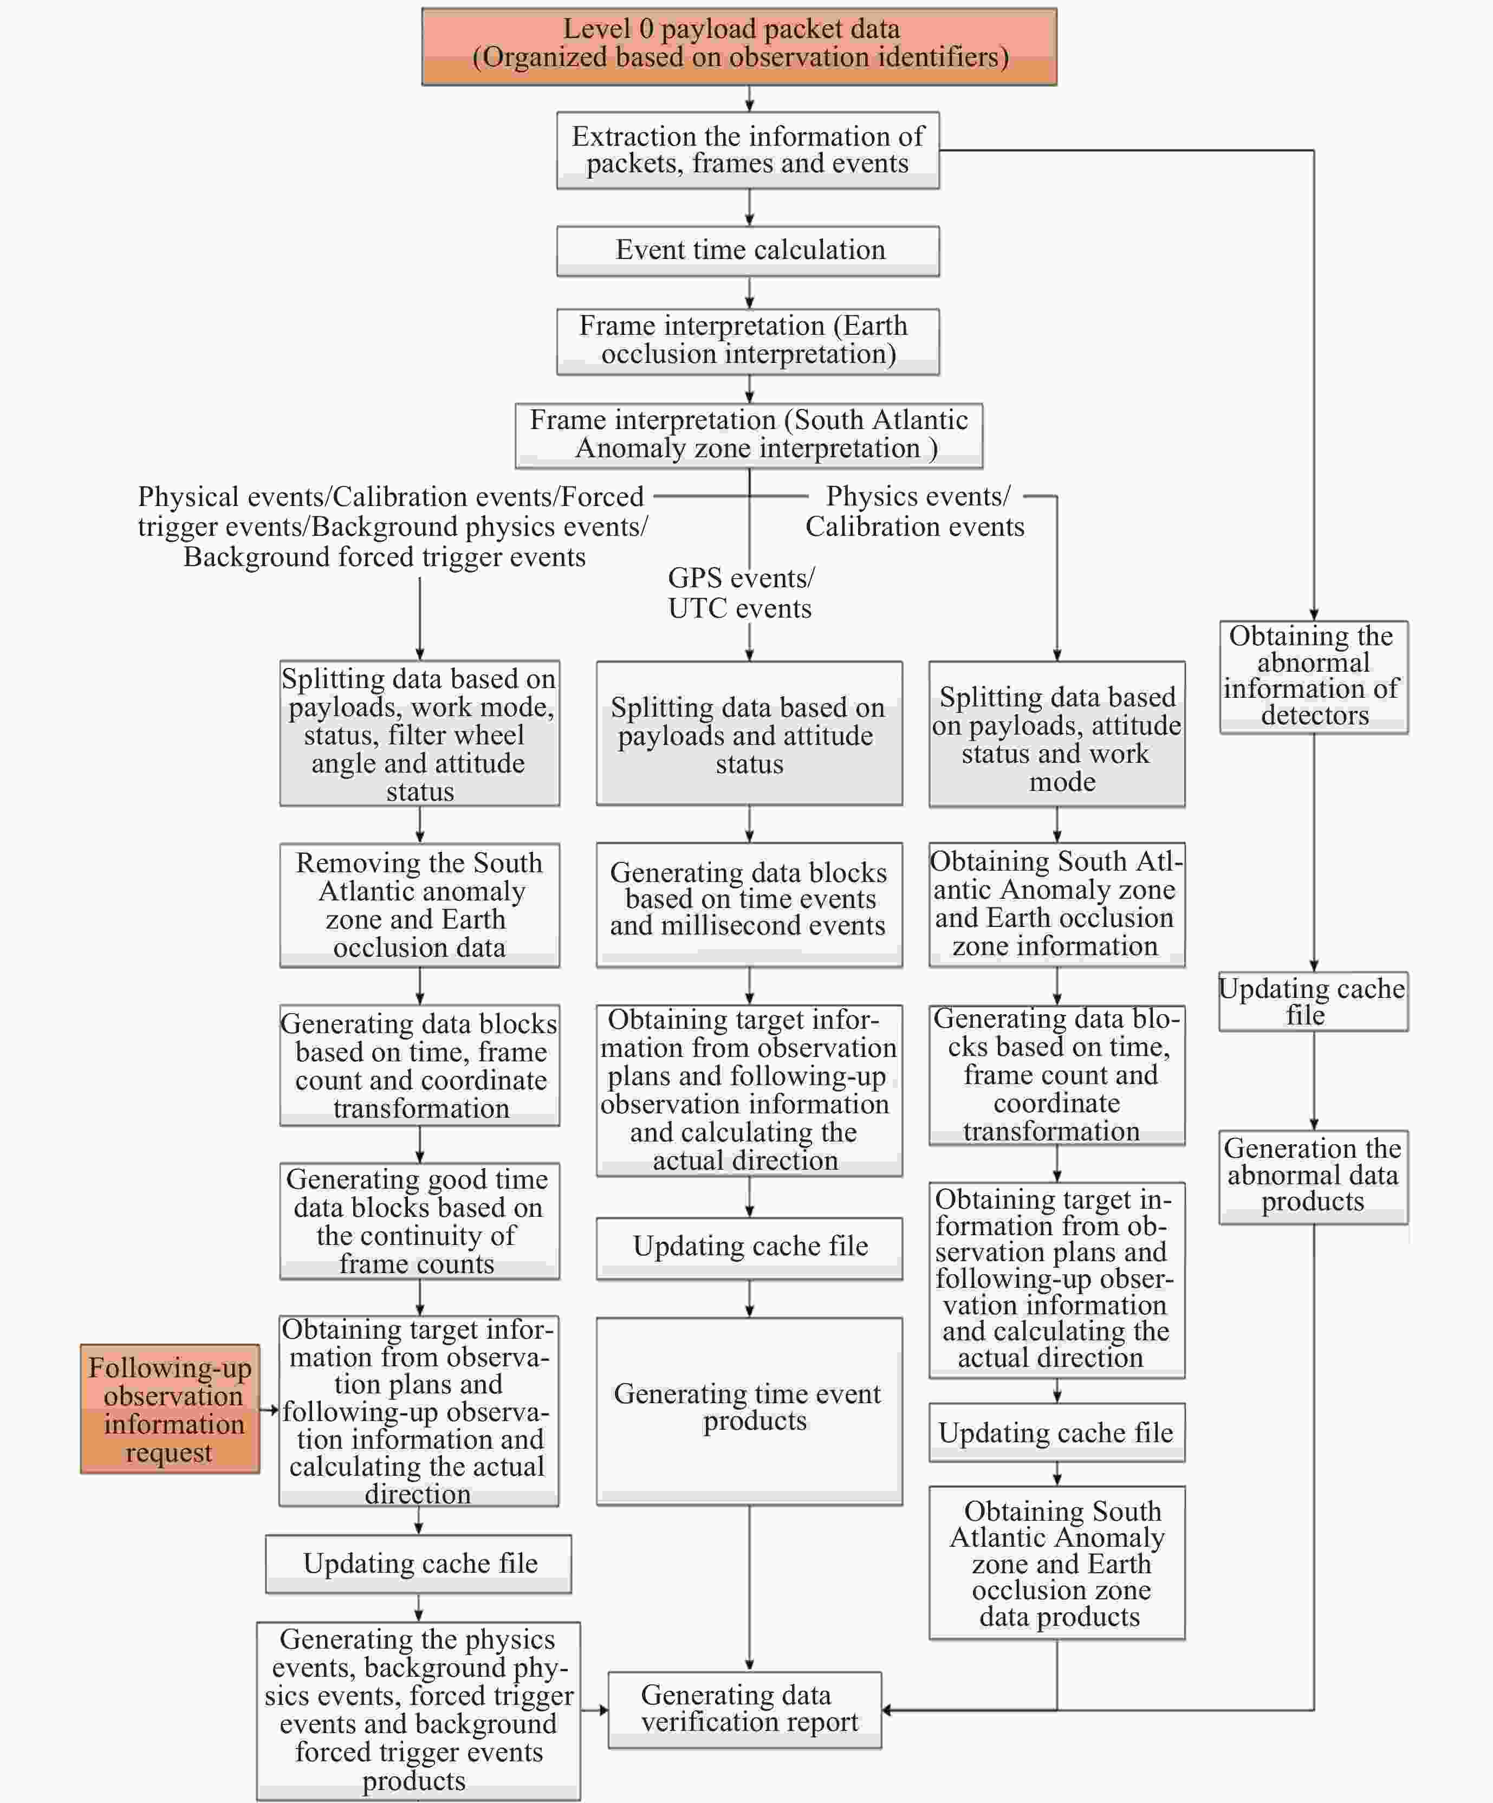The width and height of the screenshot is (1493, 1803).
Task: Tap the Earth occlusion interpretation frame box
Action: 748,341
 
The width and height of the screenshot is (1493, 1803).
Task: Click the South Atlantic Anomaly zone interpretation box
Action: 749,435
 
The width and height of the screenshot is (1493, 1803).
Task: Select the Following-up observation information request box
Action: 170,1409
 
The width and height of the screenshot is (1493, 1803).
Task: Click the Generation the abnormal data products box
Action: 1313,1176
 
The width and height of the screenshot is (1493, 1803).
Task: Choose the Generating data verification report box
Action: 744,1709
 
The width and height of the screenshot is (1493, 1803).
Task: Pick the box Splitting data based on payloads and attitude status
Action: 749,734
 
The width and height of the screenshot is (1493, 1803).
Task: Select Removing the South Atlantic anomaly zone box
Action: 419,905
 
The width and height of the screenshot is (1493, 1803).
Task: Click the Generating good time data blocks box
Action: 419,1221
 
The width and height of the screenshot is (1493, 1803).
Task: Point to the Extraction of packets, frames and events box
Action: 748,150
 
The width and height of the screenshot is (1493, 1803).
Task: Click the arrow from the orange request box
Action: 269,1410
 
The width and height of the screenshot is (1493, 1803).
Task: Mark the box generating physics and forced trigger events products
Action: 418,1709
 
